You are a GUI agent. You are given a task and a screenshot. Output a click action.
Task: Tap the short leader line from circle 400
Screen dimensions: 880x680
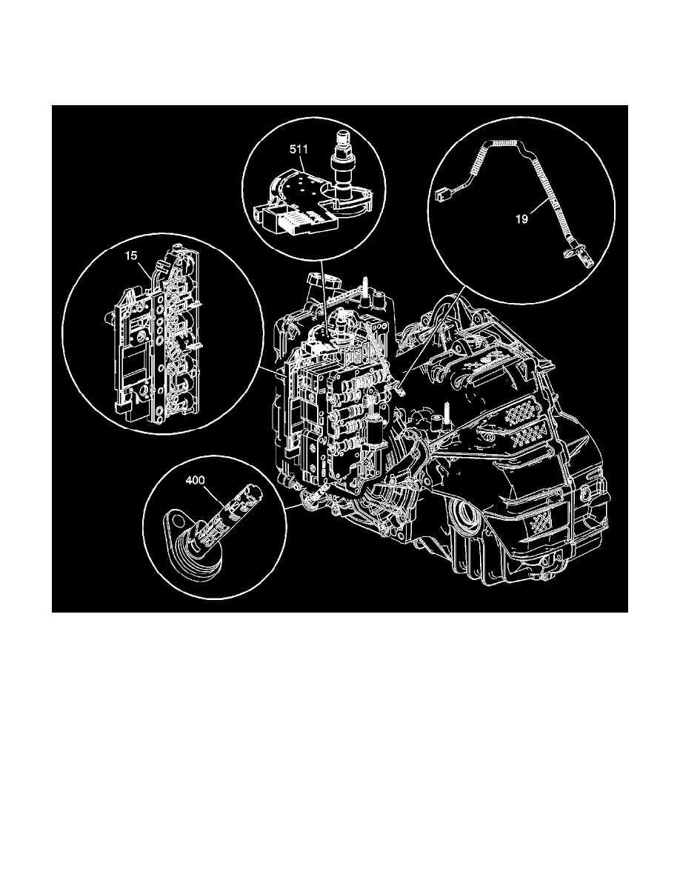(x=295, y=507)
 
